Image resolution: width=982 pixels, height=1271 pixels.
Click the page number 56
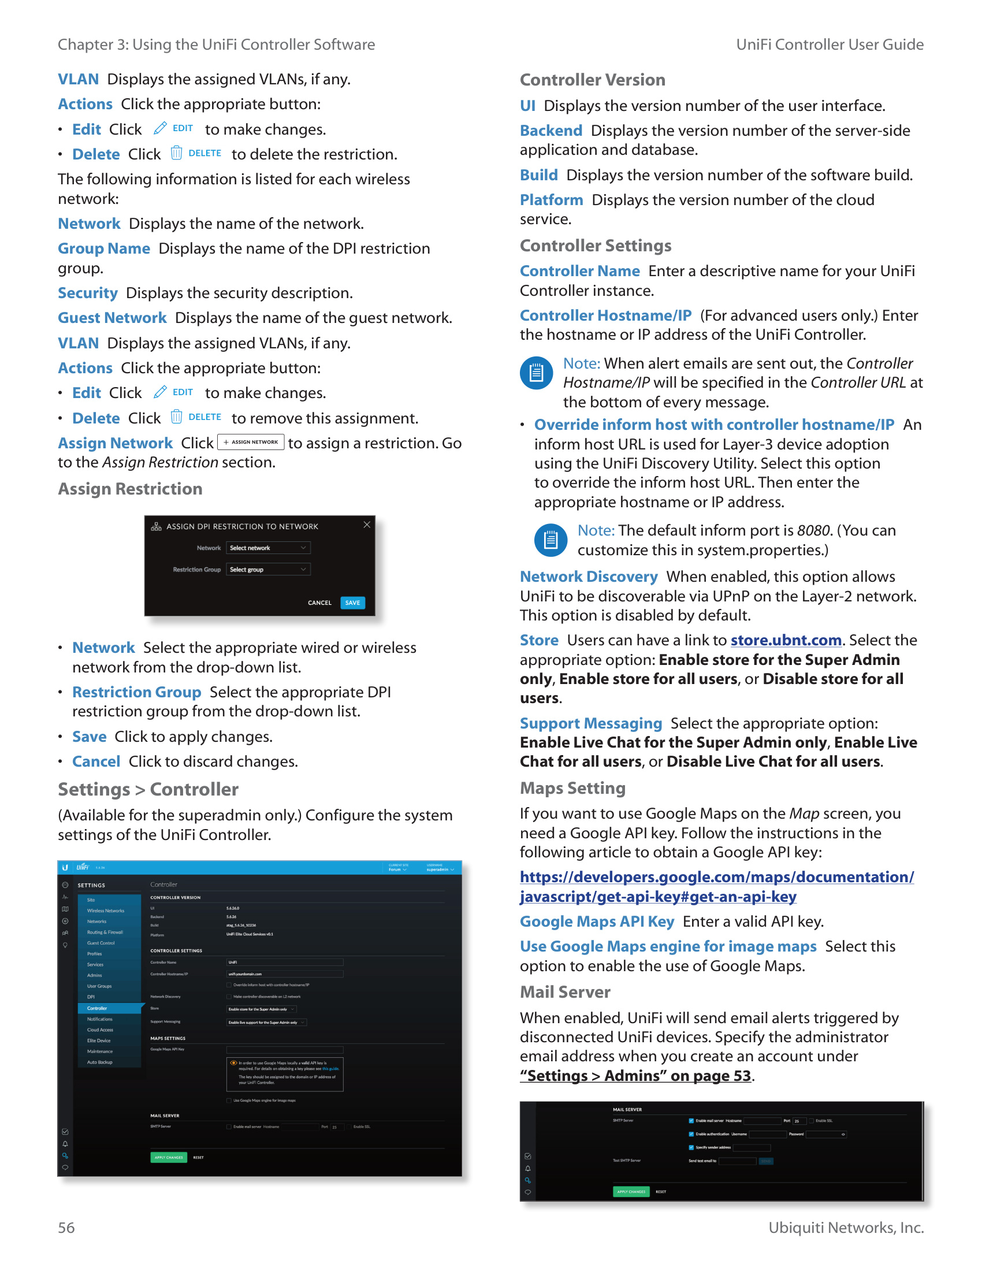coord(66,1227)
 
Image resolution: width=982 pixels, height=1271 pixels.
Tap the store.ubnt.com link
coord(786,640)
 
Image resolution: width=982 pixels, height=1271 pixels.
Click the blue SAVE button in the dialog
coord(352,603)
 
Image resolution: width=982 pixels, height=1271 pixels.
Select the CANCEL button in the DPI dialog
coord(319,603)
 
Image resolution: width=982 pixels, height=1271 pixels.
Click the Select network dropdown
coord(268,548)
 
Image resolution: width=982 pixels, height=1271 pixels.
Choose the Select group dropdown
coord(268,570)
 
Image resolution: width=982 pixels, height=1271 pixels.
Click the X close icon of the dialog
coord(367,525)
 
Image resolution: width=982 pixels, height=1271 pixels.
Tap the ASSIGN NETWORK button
coord(251,443)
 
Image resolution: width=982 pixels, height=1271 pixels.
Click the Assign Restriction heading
coord(131,489)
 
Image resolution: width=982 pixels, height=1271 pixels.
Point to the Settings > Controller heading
coord(148,790)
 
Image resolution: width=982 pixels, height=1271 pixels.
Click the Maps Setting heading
coord(572,788)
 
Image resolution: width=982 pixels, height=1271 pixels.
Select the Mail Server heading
coord(565,992)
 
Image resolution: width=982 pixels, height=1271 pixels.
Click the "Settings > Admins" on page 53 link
coord(636,1076)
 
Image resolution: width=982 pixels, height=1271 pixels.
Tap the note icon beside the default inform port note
coord(550,540)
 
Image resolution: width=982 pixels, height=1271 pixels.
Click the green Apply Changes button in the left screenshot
coord(169,1158)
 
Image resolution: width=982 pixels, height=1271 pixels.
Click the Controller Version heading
coord(592,80)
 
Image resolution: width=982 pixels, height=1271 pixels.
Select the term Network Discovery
coord(588,577)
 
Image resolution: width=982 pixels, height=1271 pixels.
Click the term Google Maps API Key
coord(597,922)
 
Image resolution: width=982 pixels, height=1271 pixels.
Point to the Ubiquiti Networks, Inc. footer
coord(846,1227)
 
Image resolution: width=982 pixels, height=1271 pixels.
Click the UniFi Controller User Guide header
coord(830,45)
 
